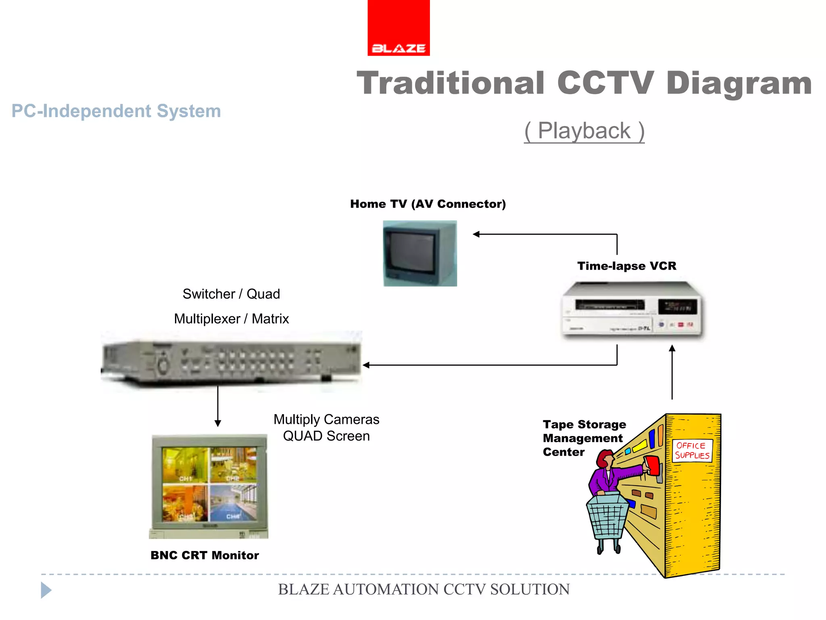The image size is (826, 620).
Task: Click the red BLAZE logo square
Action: pyautogui.click(x=398, y=27)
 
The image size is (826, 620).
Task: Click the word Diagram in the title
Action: pyautogui.click(x=739, y=83)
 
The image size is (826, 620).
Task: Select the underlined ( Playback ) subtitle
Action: pyautogui.click(x=584, y=131)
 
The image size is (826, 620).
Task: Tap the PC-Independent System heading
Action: pyautogui.click(x=116, y=111)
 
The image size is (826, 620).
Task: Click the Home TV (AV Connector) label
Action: pyautogui.click(x=428, y=204)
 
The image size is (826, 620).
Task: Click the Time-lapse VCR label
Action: pyautogui.click(x=626, y=266)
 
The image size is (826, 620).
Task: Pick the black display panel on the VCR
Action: pyautogui.click(x=677, y=307)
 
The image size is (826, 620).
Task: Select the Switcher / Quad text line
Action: pyautogui.click(x=231, y=294)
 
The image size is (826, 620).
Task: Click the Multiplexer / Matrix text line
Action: pyautogui.click(x=231, y=319)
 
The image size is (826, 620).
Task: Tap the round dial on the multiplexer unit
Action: pyautogui.click(x=163, y=365)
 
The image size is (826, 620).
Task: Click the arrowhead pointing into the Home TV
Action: pyautogui.click(x=476, y=234)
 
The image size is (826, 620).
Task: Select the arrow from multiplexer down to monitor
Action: pyautogui.click(x=218, y=406)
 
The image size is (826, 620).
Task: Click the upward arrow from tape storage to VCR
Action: pyautogui.click(x=672, y=371)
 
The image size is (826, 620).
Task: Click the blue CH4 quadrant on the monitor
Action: pyautogui.click(x=233, y=503)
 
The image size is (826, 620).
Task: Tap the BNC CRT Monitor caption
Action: pyautogui.click(x=204, y=555)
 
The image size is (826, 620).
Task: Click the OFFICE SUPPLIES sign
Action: pyautogui.click(x=692, y=450)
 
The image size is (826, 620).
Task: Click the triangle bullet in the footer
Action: pyautogui.click(x=46, y=590)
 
